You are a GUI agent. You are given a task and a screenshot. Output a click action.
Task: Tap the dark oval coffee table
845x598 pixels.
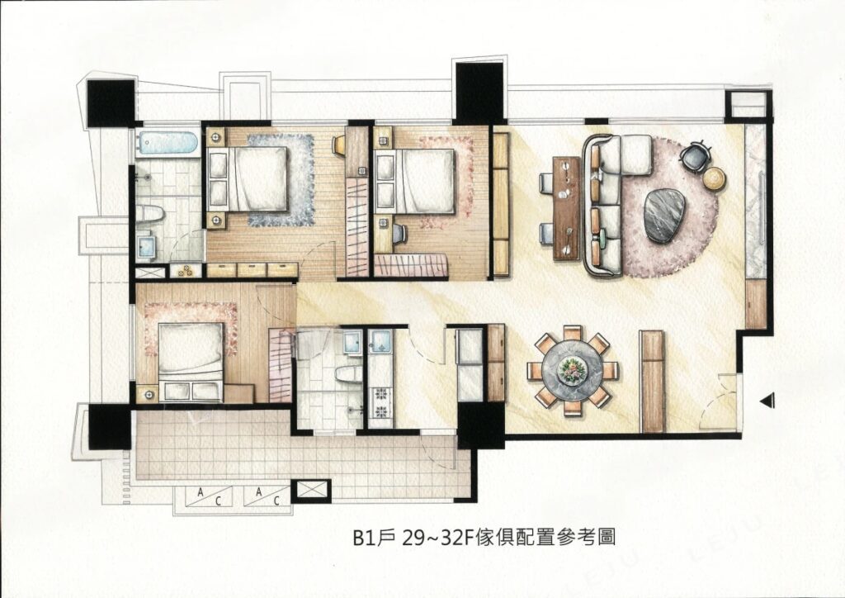pos(664,215)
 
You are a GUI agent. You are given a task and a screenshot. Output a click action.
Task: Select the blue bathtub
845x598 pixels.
pos(168,143)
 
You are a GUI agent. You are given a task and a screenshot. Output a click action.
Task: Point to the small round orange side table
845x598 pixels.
pos(714,178)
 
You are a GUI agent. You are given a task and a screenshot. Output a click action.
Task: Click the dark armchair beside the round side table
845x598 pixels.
pos(694,155)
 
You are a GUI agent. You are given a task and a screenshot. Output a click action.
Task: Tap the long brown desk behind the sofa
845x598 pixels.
pos(567,207)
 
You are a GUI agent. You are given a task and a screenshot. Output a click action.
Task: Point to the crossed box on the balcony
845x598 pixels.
pos(312,491)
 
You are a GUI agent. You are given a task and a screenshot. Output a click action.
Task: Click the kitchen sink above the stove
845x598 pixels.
pos(381,340)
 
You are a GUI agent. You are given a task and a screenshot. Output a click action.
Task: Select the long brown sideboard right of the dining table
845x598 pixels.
pos(653,381)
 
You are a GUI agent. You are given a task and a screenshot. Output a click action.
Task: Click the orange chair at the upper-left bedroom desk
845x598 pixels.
pos(339,146)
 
